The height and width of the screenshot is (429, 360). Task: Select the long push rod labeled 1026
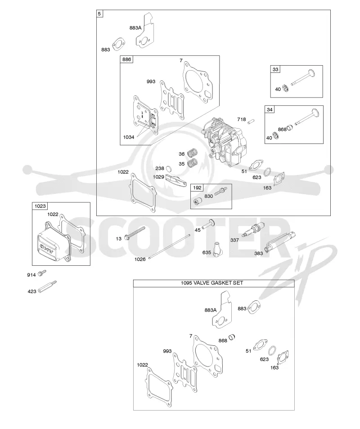169,246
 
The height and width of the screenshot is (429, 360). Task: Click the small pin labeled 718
251,121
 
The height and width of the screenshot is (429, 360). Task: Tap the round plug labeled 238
169,168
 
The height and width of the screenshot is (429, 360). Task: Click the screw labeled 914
42,273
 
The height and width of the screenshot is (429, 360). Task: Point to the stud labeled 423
47,287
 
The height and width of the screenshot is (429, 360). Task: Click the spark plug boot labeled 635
218,249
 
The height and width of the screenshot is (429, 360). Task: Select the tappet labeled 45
208,224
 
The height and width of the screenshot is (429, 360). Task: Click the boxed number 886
126,59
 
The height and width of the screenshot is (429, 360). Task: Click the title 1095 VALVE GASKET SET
212,283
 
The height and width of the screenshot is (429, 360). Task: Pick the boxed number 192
197,188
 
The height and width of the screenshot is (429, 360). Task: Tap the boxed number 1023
40,206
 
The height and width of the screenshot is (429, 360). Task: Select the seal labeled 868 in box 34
290,127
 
